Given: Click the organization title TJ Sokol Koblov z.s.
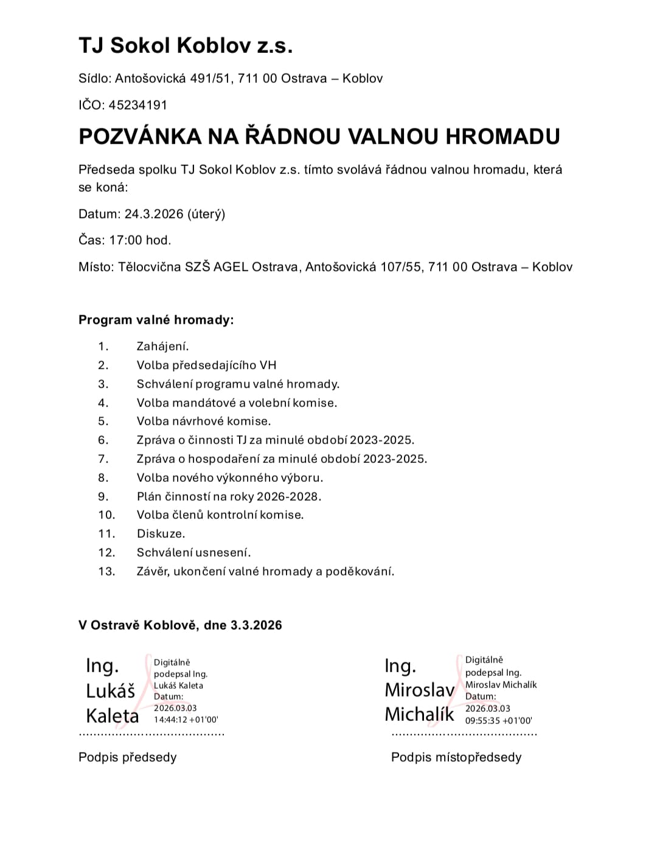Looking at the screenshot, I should [186, 46].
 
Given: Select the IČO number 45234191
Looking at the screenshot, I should [137, 105].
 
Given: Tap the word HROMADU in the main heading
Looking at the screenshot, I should [502, 136].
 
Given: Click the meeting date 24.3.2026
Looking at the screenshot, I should [154, 214].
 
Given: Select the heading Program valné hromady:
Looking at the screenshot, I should [156, 320].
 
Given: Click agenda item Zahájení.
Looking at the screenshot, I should [162, 347].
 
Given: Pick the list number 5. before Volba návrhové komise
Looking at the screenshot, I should [103, 422].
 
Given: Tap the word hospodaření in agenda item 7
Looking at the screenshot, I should [224, 459].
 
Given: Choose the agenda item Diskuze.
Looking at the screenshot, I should [161, 533].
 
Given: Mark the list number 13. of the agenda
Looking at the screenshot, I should [106, 571].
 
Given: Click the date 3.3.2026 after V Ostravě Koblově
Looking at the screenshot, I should [256, 625].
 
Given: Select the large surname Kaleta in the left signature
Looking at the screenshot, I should [113, 716].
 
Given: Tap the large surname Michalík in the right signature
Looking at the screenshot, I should [419, 714].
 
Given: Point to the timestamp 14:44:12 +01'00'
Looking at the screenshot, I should [186, 720].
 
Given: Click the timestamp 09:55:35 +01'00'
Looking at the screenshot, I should [498, 720].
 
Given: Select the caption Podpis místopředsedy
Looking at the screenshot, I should [456, 757].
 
